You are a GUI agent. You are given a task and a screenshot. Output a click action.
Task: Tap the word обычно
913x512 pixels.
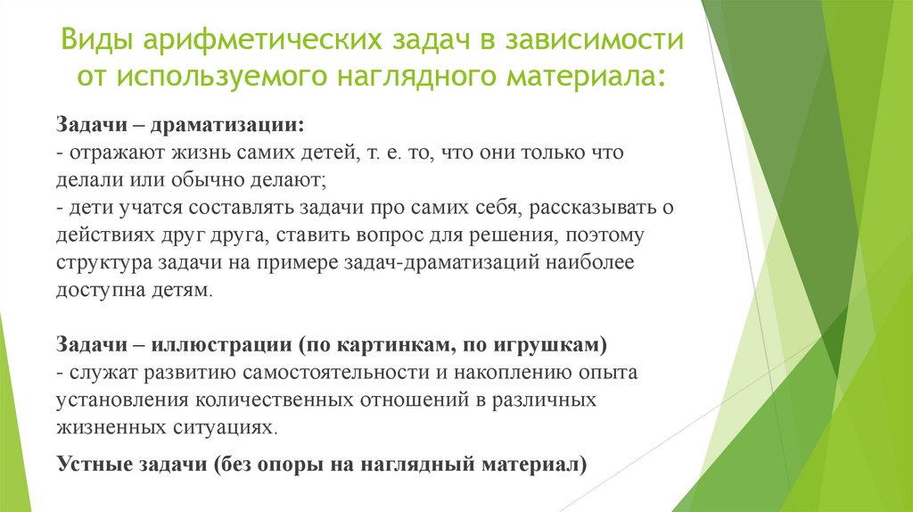(x=198, y=180)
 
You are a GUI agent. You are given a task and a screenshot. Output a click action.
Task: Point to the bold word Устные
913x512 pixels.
(x=87, y=464)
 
